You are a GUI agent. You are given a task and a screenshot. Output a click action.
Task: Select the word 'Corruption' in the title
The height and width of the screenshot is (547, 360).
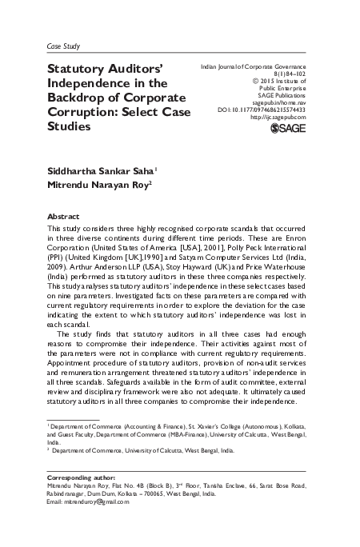[x=81, y=112]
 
